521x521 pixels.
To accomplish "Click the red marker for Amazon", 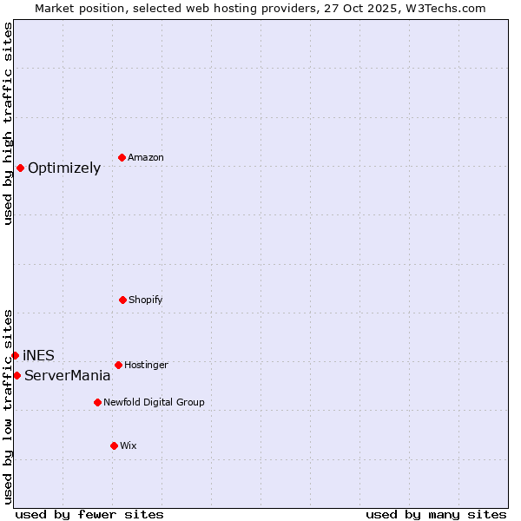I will click(x=122, y=157).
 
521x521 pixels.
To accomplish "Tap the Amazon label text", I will click(x=146, y=158).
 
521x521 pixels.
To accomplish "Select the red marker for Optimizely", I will click(x=20, y=168).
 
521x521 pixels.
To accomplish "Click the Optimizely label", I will click(x=64, y=168).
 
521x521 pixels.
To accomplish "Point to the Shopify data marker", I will click(x=122, y=300).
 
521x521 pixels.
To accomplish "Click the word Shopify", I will click(x=146, y=300).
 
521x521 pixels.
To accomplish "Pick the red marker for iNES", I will click(x=15, y=355).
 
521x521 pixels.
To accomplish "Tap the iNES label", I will click(x=38, y=356).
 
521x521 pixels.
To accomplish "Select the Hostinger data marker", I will click(x=118, y=365).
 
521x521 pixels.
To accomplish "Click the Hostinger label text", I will click(x=146, y=366).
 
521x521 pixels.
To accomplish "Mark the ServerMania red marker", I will click(x=16, y=375).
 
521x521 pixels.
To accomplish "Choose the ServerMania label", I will click(x=68, y=376).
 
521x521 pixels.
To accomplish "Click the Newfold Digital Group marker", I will click(x=97, y=402).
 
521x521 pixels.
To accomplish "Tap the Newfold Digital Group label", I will click(x=154, y=403).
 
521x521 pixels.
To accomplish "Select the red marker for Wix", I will click(x=114, y=445).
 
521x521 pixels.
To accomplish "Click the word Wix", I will click(x=129, y=446).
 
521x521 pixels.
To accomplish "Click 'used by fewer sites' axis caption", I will click(x=89, y=515).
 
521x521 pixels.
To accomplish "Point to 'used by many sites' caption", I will click(x=436, y=515).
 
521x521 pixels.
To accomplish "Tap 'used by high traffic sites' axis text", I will click(x=8, y=124).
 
